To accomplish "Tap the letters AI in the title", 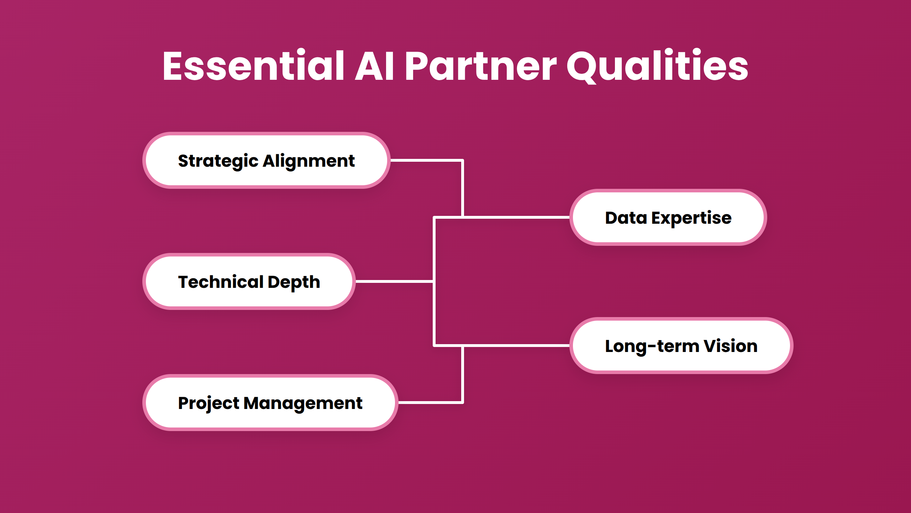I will [x=374, y=66].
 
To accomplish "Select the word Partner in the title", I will [x=480, y=66].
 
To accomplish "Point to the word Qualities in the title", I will [x=657, y=66].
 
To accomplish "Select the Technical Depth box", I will [x=249, y=282].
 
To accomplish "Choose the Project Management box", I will [x=270, y=403].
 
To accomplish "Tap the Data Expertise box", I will [x=668, y=218].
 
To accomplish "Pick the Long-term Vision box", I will [x=681, y=346].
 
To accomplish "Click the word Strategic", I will [x=218, y=161].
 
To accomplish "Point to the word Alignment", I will [x=309, y=161].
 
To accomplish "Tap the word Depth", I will [x=294, y=282].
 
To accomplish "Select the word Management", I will [x=303, y=403].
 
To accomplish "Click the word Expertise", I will [x=691, y=218].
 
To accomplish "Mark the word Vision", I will [x=730, y=346].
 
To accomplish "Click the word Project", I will [x=209, y=403].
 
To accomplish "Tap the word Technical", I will [x=221, y=282].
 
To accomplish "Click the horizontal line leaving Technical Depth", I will [x=394, y=281].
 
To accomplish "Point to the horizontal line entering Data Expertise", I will [x=516, y=217].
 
